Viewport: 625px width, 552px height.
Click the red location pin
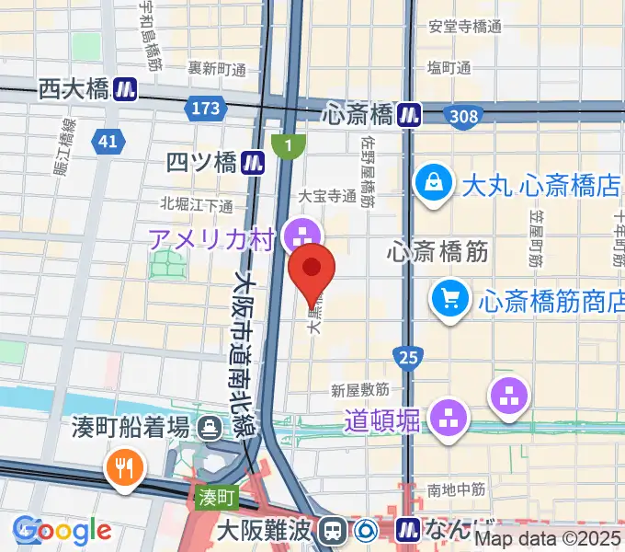312,269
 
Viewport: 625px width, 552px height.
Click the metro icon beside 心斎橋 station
409,113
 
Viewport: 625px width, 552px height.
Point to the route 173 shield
206,109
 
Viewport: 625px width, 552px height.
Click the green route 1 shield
289,144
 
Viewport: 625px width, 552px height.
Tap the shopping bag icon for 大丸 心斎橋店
433,184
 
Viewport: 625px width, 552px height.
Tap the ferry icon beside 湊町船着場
210,427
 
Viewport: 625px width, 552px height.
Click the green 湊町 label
218,497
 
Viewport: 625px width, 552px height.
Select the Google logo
63,531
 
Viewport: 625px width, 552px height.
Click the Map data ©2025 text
548,540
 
